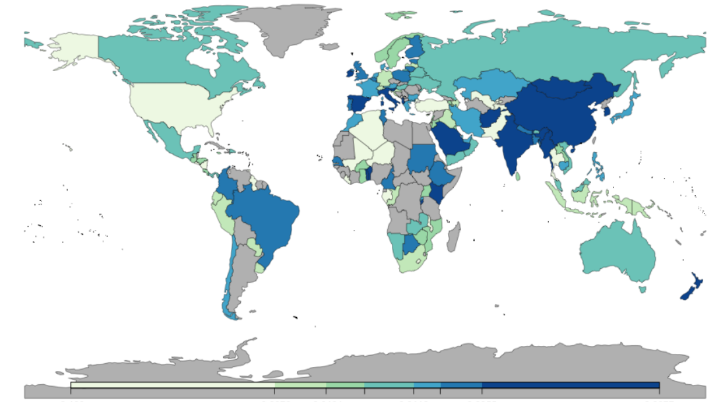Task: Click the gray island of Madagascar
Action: [453, 236]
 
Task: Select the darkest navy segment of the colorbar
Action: [571, 385]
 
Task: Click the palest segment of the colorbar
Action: [172, 385]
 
